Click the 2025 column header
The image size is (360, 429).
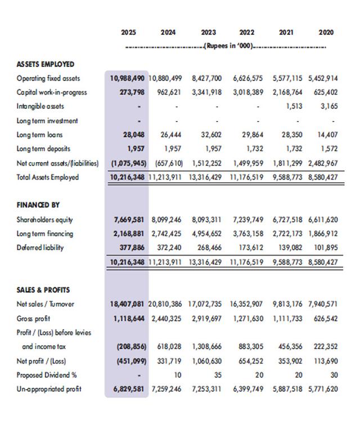[x=128, y=33]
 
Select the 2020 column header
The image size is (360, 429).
[x=326, y=33]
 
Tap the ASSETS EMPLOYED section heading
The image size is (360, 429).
[x=46, y=64]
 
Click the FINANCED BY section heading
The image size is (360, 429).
[x=38, y=205]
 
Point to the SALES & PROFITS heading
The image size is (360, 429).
[x=43, y=290]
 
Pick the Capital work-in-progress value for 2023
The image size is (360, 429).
[x=206, y=92]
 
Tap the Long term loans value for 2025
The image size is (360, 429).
[x=133, y=135]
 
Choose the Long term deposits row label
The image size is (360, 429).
[x=43, y=149]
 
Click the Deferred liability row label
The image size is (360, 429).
[x=40, y=248]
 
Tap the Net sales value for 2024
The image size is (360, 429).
[x=167, y=305]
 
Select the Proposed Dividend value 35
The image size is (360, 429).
[x=218, y=375]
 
